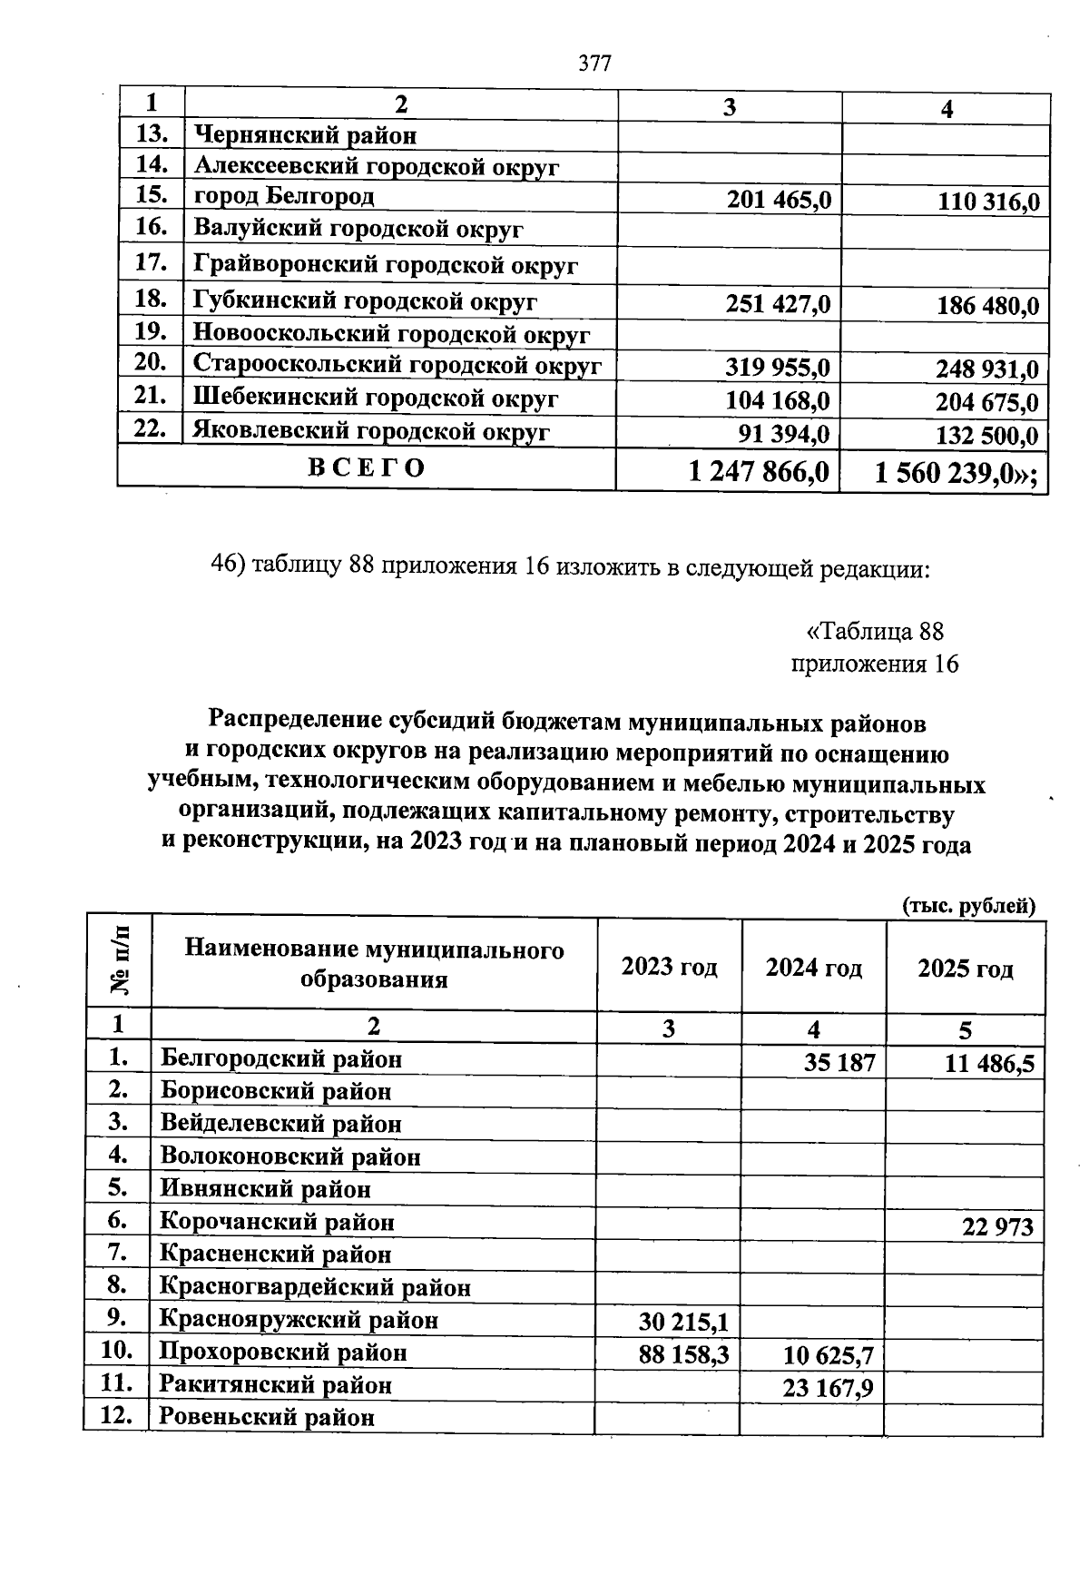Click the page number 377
point(595,64)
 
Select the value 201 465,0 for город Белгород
point(779,199)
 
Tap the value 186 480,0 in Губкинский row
point(987,306)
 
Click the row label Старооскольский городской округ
point(397,365)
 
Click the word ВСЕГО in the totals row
point(367,468)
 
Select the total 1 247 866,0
point(759,472)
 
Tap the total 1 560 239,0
point(957,473)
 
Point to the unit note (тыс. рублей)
point(968,905)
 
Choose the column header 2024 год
point(813,968)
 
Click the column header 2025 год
point(965,969)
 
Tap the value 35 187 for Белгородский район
point(839,1062)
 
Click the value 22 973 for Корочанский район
point(997,1227)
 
